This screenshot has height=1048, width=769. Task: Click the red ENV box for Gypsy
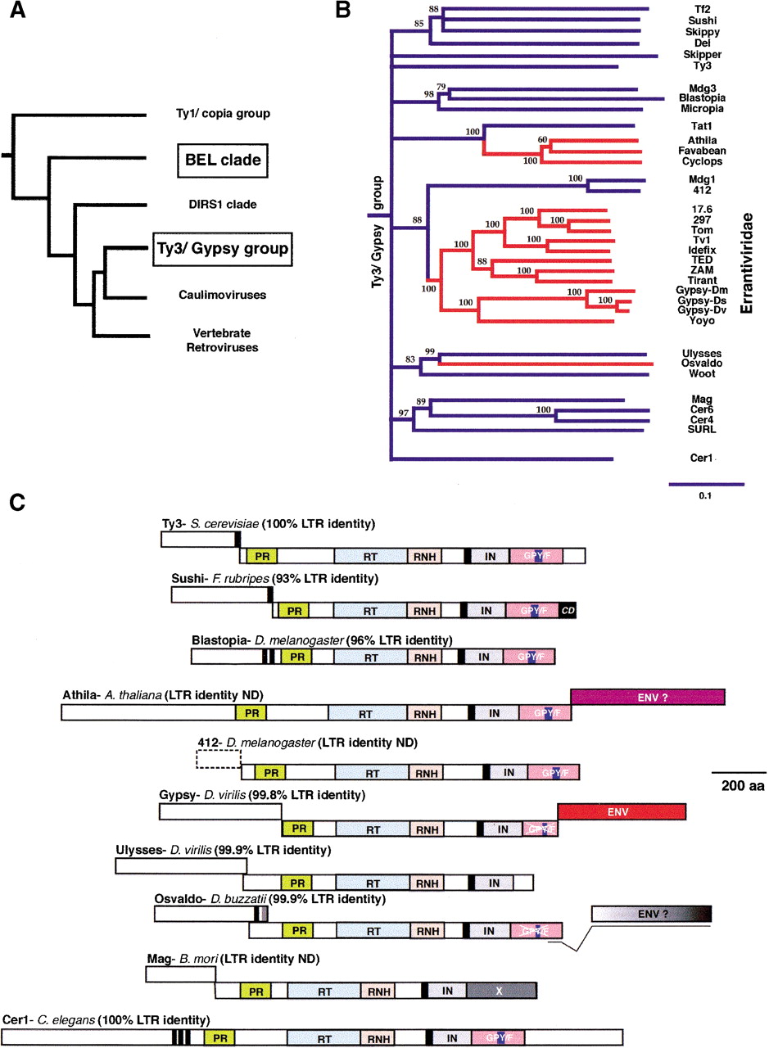click(x=621, y=811)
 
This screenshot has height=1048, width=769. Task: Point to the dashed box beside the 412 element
click(x=219, y=760)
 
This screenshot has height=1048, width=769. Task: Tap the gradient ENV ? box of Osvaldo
click(x=650, y=914)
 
